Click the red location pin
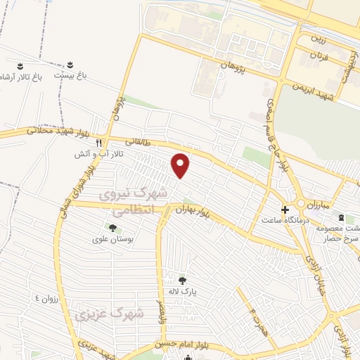tap(181, 166)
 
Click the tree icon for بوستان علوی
tap(112, 227)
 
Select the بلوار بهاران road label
tap(194, 209)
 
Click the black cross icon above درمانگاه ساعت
tap(285, 210)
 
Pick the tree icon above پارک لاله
tap(182, 281)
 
